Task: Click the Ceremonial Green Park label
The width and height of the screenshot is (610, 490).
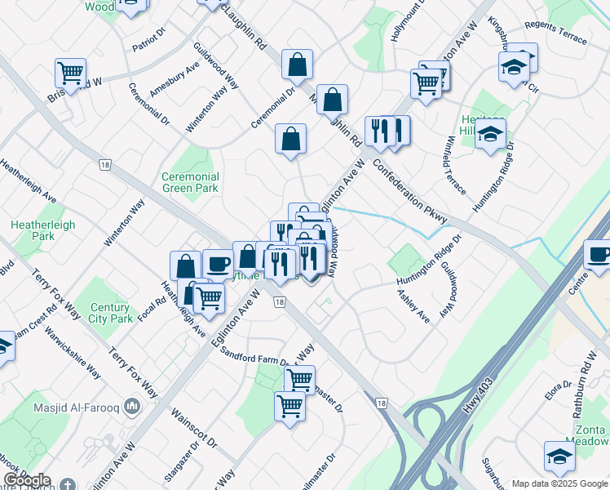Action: point(190,182)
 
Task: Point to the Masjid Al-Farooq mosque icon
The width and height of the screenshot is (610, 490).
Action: point(150,407)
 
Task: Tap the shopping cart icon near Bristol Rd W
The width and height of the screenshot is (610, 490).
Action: point(71,72)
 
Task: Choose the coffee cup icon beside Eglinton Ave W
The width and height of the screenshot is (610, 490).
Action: point(218,264)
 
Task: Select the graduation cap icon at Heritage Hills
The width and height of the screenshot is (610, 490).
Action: point(490,135)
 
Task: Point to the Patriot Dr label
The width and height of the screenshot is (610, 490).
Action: point(148,41)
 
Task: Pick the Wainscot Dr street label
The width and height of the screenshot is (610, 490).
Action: point(194,427)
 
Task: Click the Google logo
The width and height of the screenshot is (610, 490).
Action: point(27,480)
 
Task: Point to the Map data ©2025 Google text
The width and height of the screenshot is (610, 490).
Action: point(559,483)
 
